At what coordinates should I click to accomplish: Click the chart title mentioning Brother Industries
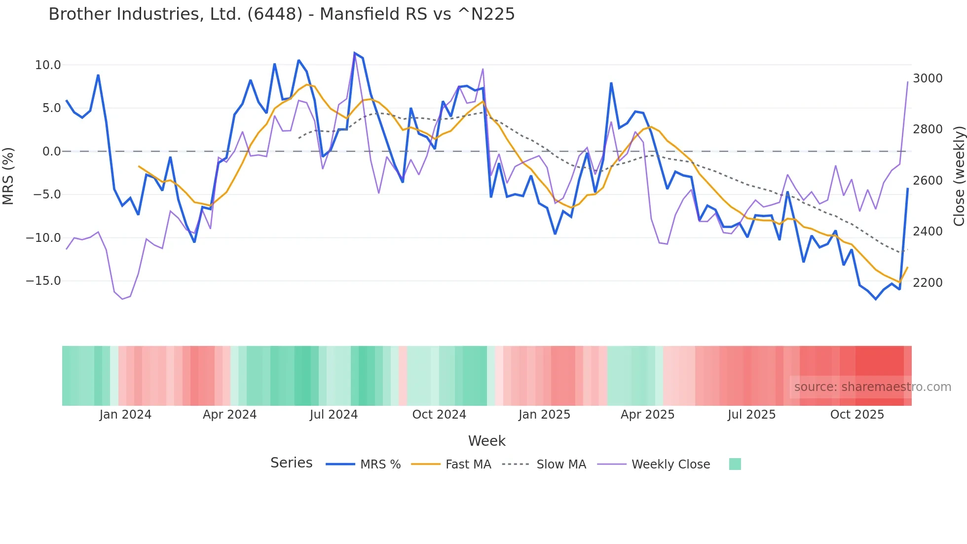coord(281,14)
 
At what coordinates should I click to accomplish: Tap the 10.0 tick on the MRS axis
coord(48,65)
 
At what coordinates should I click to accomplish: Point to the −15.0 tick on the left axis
coord(43,281)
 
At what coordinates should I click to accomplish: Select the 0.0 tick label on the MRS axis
coord(51,152)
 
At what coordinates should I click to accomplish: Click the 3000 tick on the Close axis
coord(928,78)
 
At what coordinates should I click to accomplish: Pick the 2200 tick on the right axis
coord(928,283)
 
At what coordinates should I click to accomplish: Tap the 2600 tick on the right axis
coord(928,181)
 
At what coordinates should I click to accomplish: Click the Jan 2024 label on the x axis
coord(125,415)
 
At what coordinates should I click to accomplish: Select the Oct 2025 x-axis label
coord(857,415)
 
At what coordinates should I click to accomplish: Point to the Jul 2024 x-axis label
coord(334,415)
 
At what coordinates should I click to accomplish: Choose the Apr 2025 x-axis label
coord(647,415)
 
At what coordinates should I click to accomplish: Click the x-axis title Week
coord(486,441)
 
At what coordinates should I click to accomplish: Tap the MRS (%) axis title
coord(8,176)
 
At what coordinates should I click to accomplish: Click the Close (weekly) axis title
coord(959,176)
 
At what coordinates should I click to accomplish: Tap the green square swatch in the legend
coord(735,464)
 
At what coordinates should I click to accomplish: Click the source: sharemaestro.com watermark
coord(872,387)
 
